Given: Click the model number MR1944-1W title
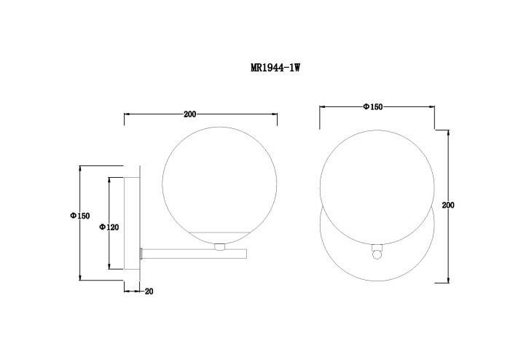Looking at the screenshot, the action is pos(275,68).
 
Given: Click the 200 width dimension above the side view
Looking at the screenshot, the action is pos(190,114).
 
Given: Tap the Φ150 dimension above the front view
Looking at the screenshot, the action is pos(373,106).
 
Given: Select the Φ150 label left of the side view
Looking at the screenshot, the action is pos(80,216).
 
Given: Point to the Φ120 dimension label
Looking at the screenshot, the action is pos(109,227).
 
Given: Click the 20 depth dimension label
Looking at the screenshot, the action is pos(149,291).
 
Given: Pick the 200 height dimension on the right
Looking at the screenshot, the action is pos(448,205).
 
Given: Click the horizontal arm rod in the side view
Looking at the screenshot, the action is pos(194,254).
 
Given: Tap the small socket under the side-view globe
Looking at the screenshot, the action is pos(219,247).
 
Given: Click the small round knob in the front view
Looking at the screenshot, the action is pos(377,254).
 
